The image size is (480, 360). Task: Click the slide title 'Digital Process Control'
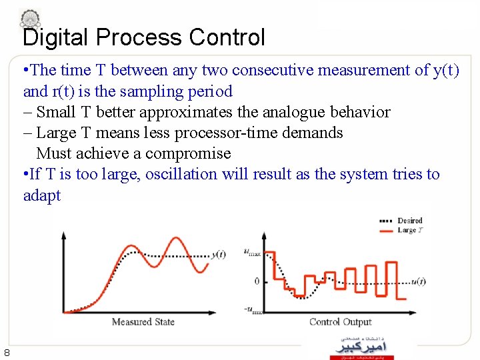tap(143, 37)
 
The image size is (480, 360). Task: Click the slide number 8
tap(6, 353)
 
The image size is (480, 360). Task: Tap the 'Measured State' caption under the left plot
tap(143, 322)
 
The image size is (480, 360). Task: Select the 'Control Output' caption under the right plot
tap(340, 322)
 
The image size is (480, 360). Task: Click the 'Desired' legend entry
tap(409, 221)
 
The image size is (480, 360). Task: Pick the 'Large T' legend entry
tap(409, 230)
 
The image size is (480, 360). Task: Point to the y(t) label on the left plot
tap(219, 254)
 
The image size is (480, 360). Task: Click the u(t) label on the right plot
tap(418, 281)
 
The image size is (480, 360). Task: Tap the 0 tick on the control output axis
tap(257, 281)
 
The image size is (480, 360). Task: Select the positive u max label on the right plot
tap(253, 252)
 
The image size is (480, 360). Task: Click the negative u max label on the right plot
tap(252, 310)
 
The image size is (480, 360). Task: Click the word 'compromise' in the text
tap(189, 153)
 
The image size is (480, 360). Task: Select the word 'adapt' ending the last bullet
tap(41, 195)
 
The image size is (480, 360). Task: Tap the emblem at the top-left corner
tap(29, 18)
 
